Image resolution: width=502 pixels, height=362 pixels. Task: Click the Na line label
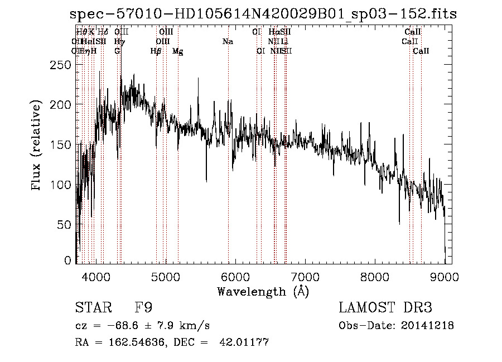click(228, 42)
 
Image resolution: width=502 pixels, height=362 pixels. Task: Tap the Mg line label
click(177, 51)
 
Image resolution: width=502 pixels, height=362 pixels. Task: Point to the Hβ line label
click(156, 51)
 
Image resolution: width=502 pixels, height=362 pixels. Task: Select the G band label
click(117, 51)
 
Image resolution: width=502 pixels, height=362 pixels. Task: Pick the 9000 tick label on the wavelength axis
click(445, 276)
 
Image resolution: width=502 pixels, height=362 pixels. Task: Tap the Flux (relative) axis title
click(37, 145)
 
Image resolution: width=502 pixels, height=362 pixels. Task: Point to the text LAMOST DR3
click(385, 308)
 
